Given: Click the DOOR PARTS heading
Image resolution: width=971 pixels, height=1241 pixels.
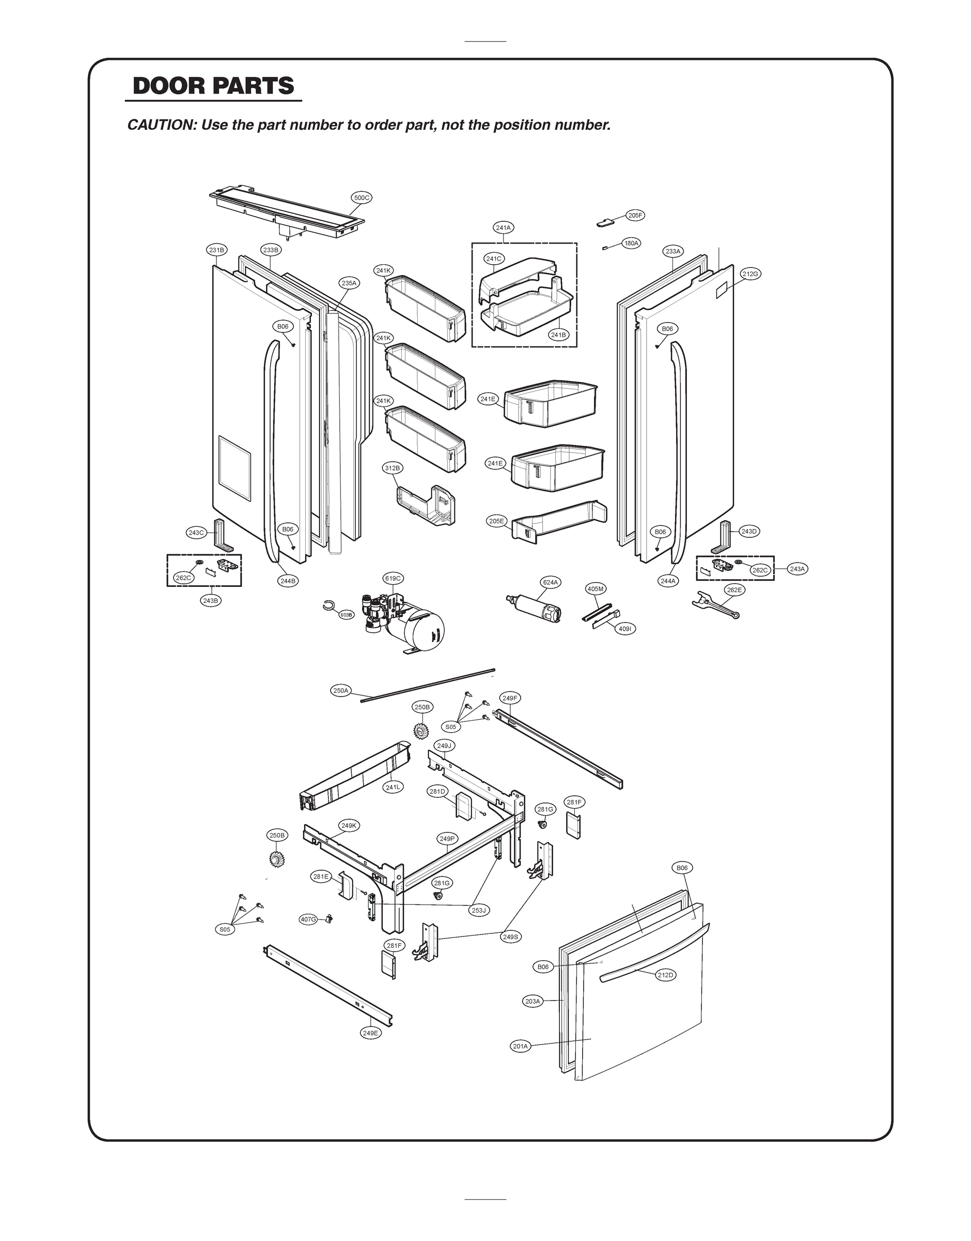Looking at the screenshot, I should pos(213,86).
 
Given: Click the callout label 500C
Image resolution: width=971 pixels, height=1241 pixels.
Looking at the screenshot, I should pos(362,198).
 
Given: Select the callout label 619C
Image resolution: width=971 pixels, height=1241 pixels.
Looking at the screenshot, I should pos(393,578).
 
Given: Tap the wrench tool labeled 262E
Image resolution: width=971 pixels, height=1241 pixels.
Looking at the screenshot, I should pos(715,605).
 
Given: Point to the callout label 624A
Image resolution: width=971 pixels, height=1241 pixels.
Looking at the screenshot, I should pos(550,582).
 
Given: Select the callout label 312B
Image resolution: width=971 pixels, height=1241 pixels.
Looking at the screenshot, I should pos(392,468).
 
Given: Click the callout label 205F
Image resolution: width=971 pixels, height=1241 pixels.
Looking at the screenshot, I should pos(636,215).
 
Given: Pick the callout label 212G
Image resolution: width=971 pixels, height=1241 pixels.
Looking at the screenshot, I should pos(750,274).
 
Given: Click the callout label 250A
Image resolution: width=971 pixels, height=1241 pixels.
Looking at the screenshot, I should pos(340,690).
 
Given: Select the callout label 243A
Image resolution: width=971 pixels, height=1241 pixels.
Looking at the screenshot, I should pos(798,568).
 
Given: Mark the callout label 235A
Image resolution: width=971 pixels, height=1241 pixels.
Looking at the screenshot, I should pos(349,283).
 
